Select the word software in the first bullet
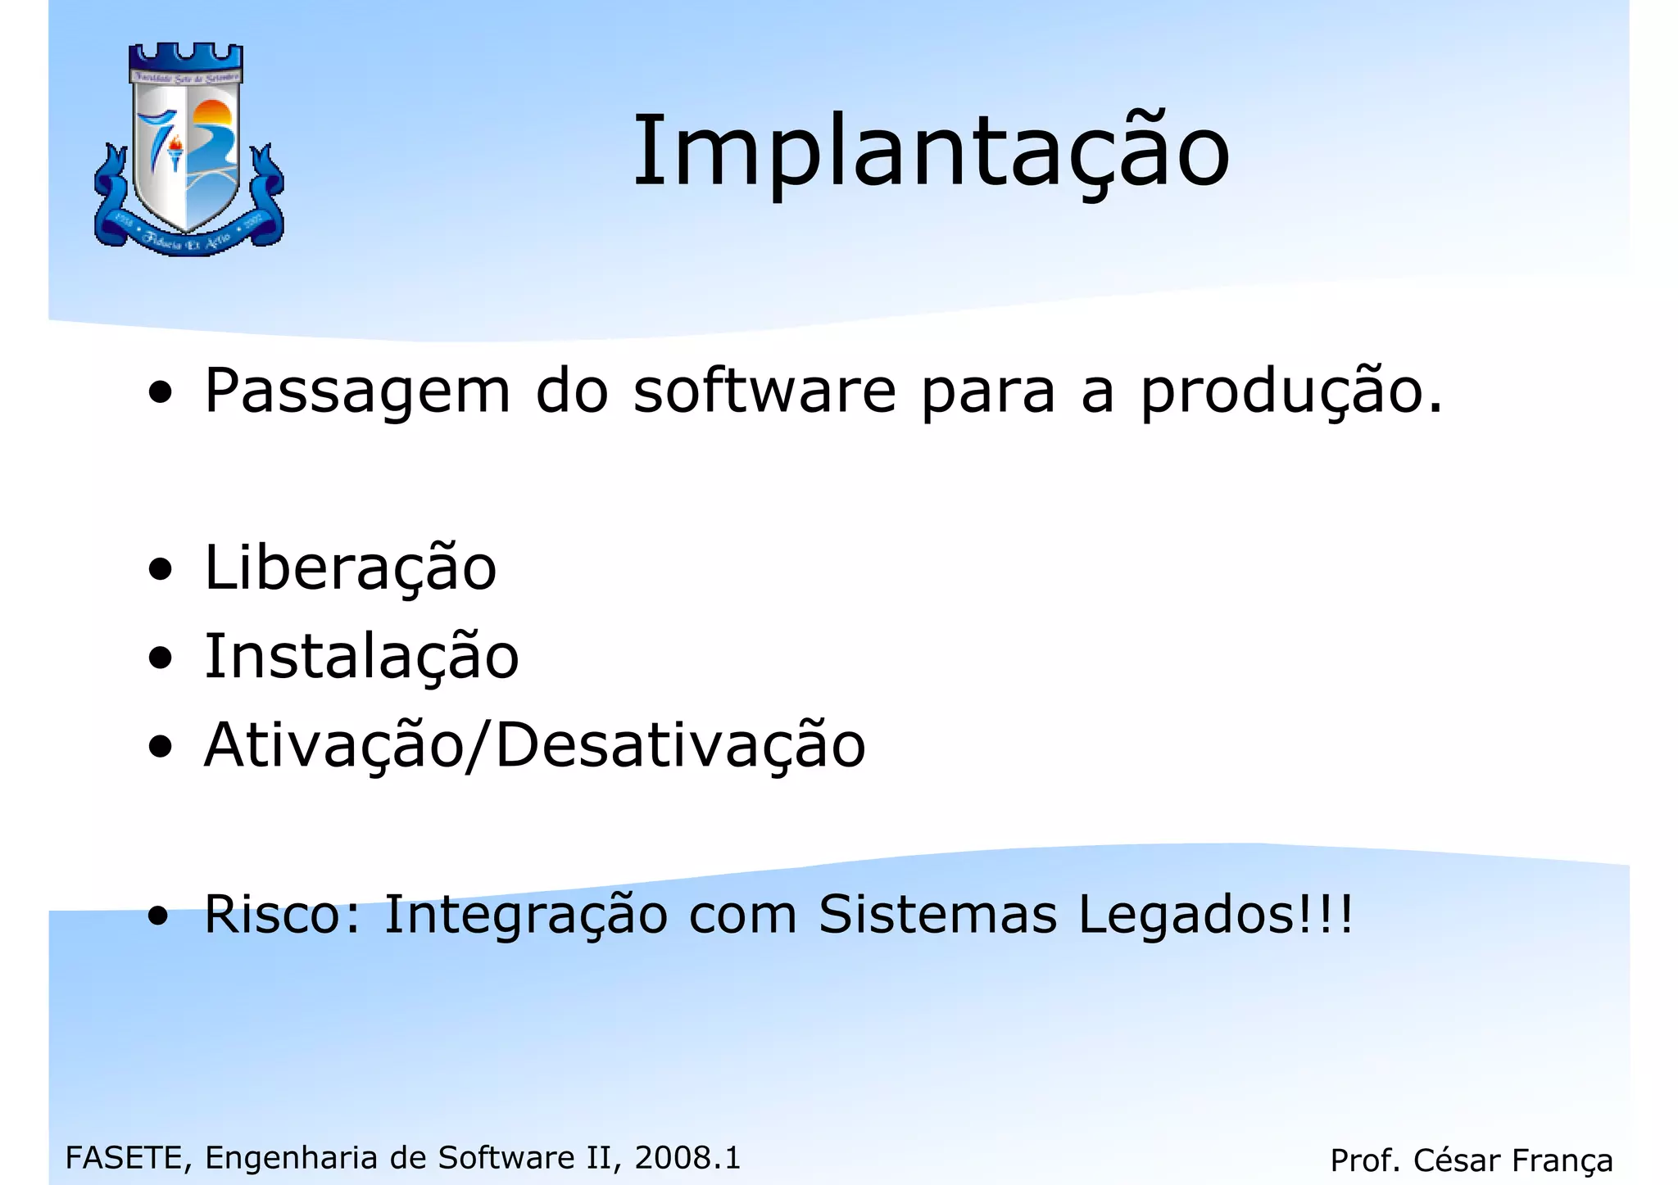765,391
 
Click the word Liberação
350,568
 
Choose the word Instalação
361,658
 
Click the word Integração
525,916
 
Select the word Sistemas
937,914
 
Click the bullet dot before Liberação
161,569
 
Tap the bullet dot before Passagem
161,392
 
